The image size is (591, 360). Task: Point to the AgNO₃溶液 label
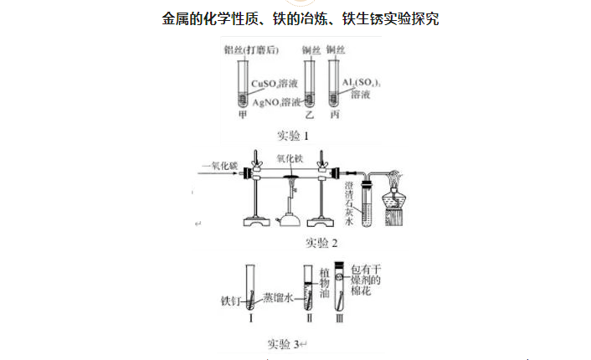[276, 102]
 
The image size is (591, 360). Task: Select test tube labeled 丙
[332, 84]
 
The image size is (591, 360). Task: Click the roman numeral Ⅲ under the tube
[341, 317]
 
